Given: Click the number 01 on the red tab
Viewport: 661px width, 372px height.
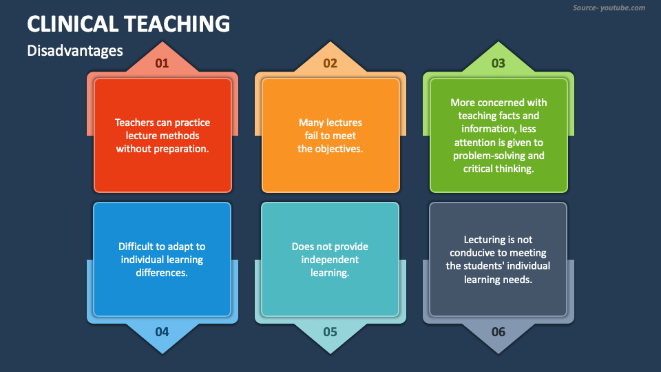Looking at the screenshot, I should point(162,63).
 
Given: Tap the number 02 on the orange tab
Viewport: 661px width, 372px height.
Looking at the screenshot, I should point(330,63).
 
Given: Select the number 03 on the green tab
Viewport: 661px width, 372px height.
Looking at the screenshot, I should point(498,63).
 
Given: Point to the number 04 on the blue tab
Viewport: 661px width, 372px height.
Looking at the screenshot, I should point(162,332).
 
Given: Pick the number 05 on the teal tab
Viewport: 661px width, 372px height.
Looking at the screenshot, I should point(330,332).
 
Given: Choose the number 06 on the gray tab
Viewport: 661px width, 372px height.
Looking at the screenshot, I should point(498,332).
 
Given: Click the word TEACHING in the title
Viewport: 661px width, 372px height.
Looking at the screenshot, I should point(177,24).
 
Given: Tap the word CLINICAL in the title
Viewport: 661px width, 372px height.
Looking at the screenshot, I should point(72,24).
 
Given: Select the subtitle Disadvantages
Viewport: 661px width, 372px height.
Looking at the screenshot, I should point(75,50).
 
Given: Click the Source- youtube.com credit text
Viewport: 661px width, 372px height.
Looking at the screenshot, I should point(609,8).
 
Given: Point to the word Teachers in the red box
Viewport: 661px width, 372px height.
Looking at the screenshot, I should point(134,123).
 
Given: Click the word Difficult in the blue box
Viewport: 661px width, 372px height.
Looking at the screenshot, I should point(136,247).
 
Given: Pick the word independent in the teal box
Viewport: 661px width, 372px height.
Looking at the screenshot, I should point(330,260).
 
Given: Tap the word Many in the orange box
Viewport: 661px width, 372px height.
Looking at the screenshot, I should point(311,123).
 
